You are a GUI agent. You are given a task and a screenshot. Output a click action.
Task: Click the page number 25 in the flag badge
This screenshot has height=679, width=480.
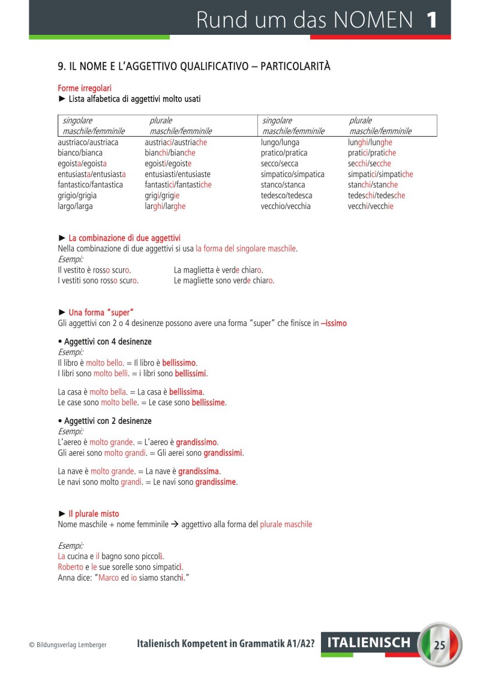(x=440, y=645)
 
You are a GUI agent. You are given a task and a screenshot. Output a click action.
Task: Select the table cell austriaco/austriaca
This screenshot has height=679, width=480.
(x=88, y=143)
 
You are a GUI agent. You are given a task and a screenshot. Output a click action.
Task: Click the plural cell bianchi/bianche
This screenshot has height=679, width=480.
(x=170, y=153)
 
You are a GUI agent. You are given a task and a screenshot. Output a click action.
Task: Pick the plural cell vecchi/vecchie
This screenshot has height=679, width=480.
(x=370, y=207)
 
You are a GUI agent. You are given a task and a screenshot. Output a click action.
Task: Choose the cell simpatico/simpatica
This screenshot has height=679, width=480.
(x=292, y=175)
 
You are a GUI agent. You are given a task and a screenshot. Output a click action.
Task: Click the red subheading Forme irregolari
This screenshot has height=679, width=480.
(x=85, y=88)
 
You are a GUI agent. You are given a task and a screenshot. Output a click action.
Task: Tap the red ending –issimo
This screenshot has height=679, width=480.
(x=334, y=323)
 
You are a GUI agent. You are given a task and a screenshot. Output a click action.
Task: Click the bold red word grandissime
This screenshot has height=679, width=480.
(x=216, y=481)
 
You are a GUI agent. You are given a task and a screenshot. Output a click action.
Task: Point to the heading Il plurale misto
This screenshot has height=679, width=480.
(x=94, y=514)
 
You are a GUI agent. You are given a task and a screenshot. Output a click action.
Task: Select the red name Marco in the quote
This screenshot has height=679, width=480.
(x=108, y=578)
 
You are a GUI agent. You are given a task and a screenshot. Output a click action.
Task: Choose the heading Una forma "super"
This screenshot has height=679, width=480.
(x=100, y=312)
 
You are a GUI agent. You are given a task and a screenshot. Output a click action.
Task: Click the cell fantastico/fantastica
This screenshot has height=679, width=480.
(x=90, y=185)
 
